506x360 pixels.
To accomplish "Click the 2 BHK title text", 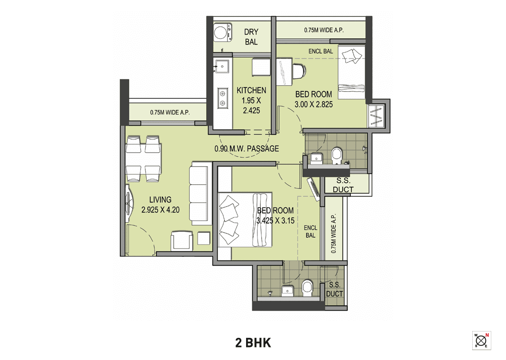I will pyautogui.click(x=253, y=343).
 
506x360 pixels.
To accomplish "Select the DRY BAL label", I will pyautogui.click(x=251, y=37).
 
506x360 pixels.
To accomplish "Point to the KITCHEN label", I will pyautogui.click(x=251, y=90).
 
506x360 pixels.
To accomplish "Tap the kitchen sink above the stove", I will pyautogui.click(x=223, y=66).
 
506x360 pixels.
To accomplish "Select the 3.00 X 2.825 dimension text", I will pyautogui.click(x=314, y=104).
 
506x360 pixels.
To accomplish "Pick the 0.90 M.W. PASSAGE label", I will pyautogui.click(x=247, y=149).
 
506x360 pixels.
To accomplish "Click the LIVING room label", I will pyautogui.click(x=160, y=200).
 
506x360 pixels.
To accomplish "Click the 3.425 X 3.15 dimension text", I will pyautogui.click(x=275, y=220).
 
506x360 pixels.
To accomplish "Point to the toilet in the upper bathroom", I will pyautogui.click(x=336, y=156).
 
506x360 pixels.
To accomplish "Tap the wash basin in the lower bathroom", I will pyautogui.click(x=288, y=291).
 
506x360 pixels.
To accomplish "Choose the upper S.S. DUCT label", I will pyautogui.click(x=343, y=186).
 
